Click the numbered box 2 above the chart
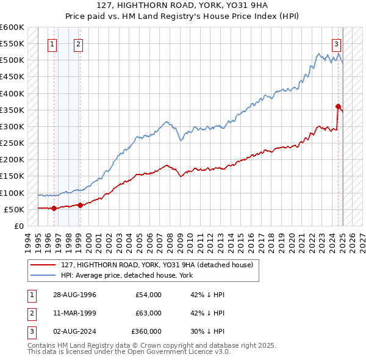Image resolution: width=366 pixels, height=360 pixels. tap(79, 44)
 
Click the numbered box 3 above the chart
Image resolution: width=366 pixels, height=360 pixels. tap(336, 44)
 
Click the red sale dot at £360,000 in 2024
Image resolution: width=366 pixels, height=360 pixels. tap(338, 107)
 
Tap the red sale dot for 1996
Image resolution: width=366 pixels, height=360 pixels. tap(54, 208)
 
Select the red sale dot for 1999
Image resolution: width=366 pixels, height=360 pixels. tap(80, 205)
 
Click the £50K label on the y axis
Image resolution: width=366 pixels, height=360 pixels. tap(14, 209)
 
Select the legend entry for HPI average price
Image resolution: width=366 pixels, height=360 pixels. tap(127, 275)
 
